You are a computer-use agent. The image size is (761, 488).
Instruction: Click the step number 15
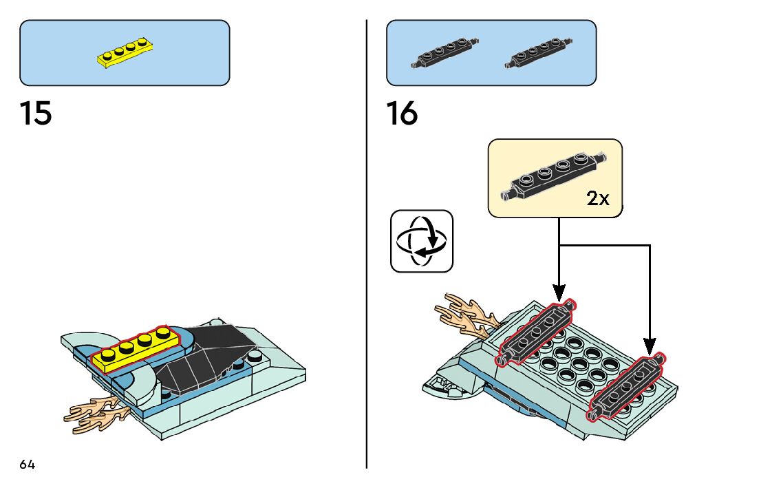pos(36,114)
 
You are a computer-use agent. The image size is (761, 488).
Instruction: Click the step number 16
pos(402,114)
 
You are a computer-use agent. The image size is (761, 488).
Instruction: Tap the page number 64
pos(27,465)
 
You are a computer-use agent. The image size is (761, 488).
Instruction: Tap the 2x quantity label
pos(597,199)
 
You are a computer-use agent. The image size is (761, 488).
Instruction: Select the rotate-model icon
pos(422,240)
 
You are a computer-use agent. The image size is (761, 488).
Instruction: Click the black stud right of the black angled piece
pos(256,357)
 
